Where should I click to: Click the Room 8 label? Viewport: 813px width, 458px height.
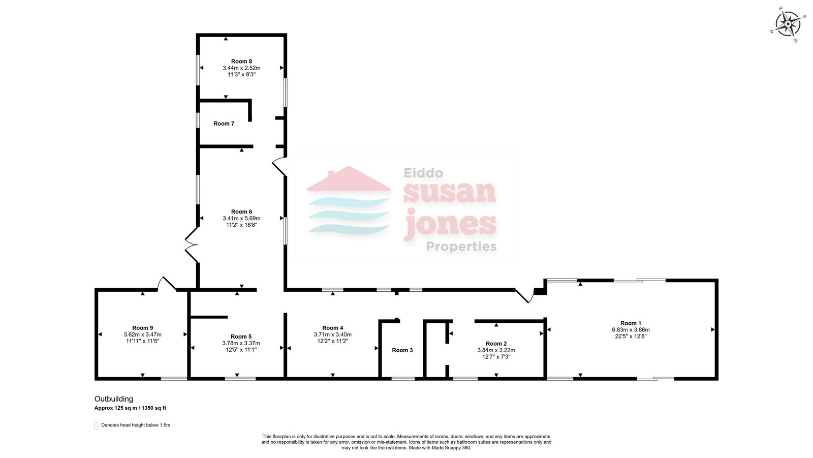click(241, 62)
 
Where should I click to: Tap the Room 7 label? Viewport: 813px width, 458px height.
click(224, 124)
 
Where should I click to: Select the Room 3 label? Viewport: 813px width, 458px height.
click(402, 350)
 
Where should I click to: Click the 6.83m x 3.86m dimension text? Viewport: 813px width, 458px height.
click(631, 330)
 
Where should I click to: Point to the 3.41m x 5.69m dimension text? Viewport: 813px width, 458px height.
click(241, 218)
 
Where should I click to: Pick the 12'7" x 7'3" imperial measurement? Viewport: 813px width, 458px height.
click(496, 357)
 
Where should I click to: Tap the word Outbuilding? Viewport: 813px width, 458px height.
click(114, 399)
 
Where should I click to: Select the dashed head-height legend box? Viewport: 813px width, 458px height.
click(96, 425)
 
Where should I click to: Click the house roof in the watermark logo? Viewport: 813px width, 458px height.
click(349, 179)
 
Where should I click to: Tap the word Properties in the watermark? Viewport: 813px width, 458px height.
click(461, 246)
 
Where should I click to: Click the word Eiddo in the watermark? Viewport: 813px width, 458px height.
click(423, 172)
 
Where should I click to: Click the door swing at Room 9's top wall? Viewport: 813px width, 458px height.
click(167, 284)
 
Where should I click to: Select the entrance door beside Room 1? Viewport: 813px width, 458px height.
click(525, 295)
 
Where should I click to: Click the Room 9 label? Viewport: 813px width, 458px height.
click(143, 328)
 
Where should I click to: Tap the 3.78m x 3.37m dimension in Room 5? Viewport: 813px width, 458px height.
click(241, 343)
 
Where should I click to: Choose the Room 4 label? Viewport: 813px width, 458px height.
click(332, 328)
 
